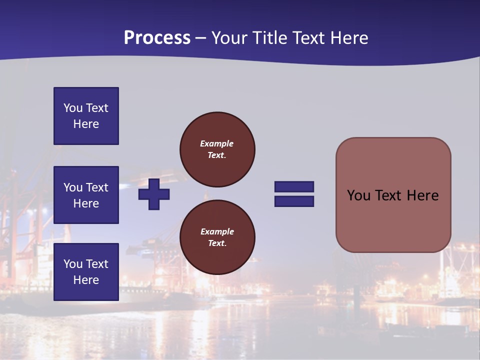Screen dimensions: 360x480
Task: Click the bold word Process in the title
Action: (x=157, y=38)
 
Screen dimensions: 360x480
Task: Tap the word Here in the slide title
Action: (x=349, y=38)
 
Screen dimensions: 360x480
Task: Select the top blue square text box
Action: (x=86, y=116)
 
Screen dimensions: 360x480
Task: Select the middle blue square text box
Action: (x=86, y=195)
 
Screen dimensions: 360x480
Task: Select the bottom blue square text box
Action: (x=86, y=272)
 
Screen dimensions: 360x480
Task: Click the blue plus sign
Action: (x=154, y=194)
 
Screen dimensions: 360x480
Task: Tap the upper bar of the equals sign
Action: (x=294, y=187)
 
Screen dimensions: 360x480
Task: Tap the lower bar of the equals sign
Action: (x=294, y=201)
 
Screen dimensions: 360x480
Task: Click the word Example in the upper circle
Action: (x=216, y=143)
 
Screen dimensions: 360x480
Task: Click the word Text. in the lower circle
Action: (x=217, y=243)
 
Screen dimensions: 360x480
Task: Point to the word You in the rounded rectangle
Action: (x=358, y=195)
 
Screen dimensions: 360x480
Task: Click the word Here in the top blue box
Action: (x=86, y=124)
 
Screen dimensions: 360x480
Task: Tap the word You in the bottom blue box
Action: (x=73, y=264)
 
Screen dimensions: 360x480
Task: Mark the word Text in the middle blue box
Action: (x=97, y=187)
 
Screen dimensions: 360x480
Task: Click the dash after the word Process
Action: (x=201, y=38)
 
